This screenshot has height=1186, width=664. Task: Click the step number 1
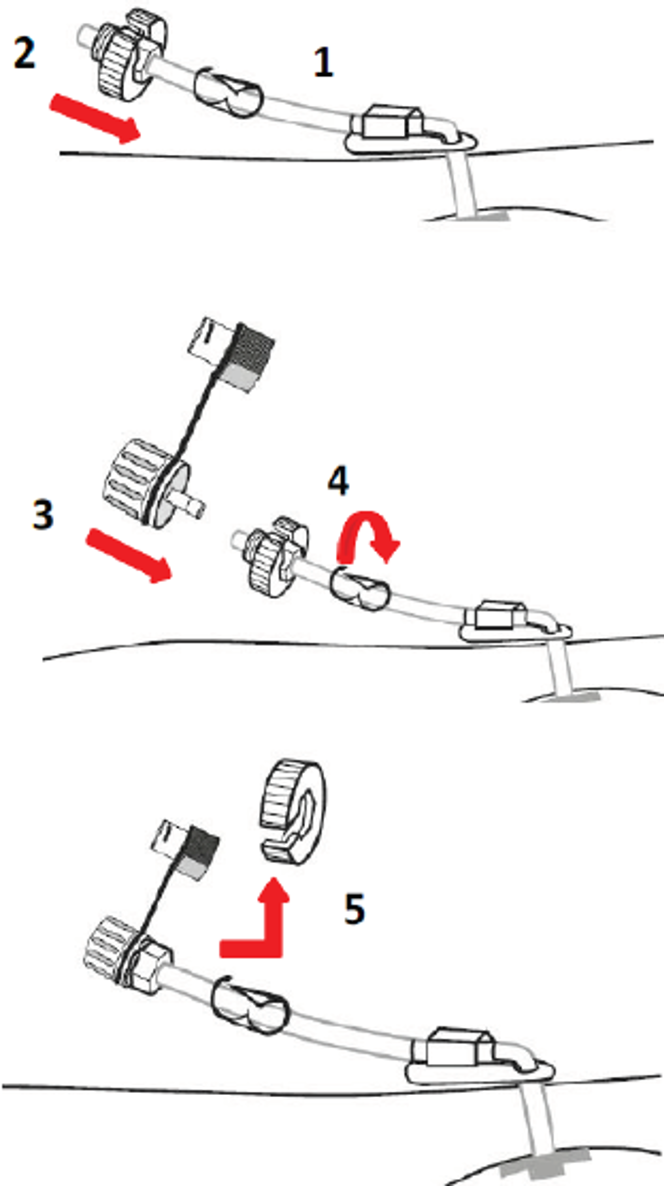coord(323,63)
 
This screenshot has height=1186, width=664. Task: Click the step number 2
coord(24,53)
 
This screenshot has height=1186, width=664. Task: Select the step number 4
coord(338,480)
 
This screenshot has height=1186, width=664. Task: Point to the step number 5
coord(354,908)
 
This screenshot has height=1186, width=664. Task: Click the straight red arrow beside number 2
coord(95,118)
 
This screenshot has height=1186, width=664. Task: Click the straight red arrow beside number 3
coord(129,556)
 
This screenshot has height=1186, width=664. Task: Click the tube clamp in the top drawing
coord(228,92)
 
